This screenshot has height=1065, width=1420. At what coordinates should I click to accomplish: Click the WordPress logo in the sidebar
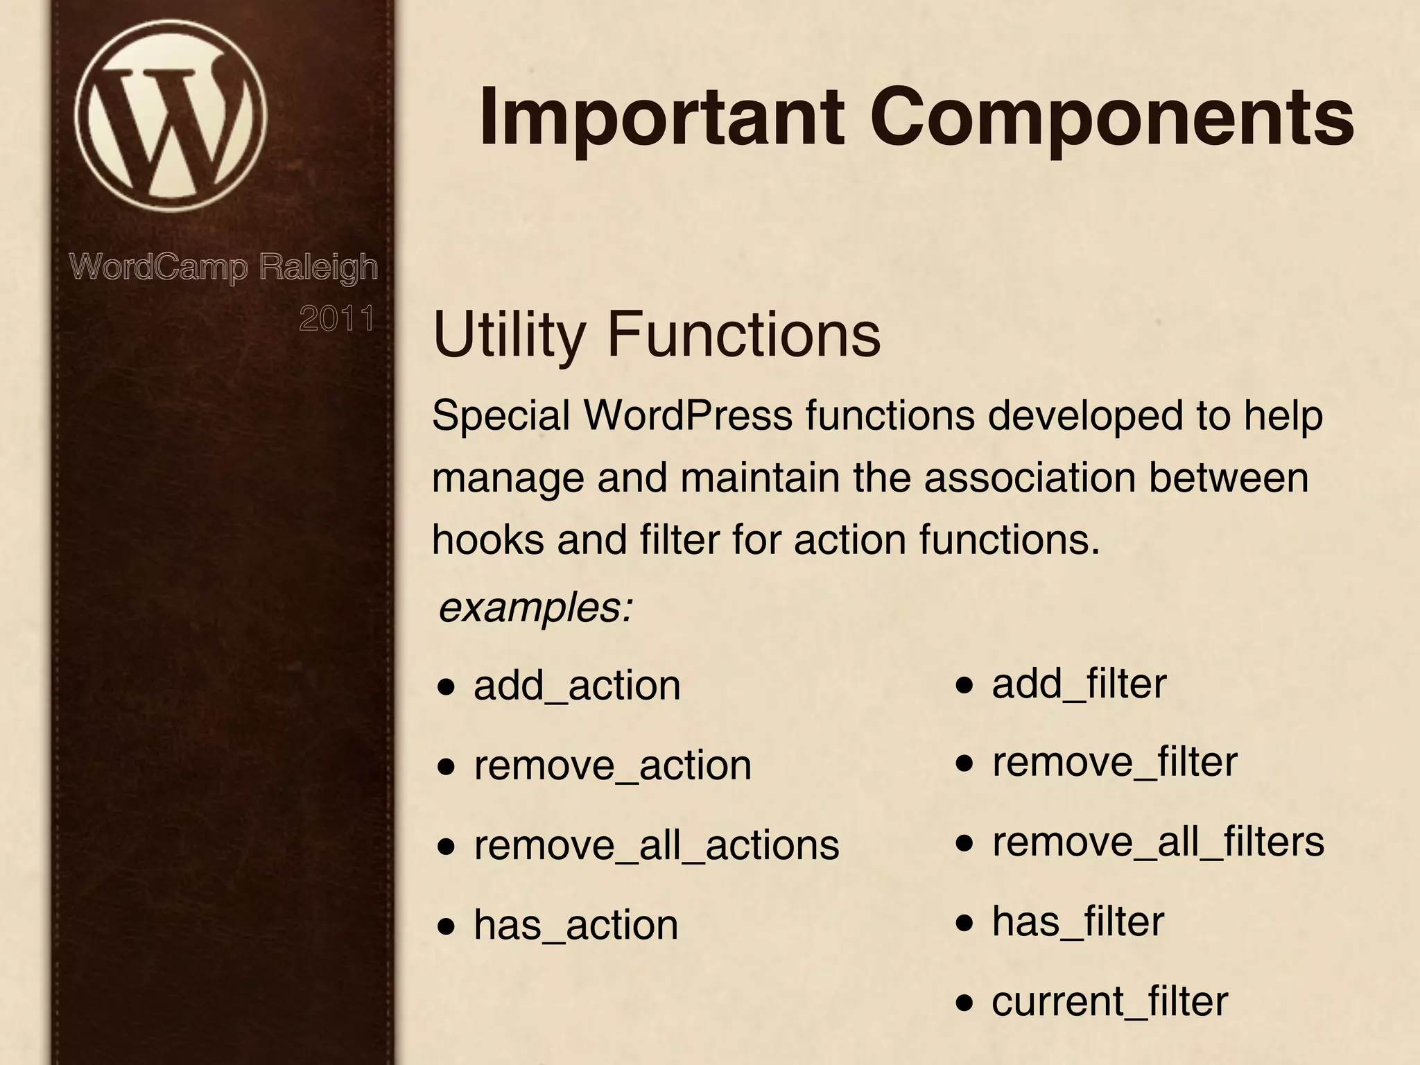pos(171,115)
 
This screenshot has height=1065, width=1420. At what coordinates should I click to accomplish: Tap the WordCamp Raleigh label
pos(223,267)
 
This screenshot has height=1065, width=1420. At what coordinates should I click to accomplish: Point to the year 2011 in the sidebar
pos(337,319)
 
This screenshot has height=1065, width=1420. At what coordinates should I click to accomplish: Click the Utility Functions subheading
pos(656,335)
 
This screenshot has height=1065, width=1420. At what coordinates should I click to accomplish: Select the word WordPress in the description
pos(688,416)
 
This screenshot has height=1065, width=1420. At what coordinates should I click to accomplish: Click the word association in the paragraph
pos(1030,478)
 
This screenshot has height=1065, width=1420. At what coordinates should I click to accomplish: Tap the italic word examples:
pos(535,608)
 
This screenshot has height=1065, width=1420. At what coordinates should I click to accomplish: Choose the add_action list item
pos(577,686)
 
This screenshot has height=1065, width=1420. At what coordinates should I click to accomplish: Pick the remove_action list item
pos(612,765)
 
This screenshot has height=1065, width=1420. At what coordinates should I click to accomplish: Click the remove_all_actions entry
pos(656,845)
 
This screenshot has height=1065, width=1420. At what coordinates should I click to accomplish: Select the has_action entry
pos(575,925)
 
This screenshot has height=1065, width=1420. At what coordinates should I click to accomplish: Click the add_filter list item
pos(1079,684)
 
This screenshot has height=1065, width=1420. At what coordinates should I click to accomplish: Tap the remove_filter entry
pos(1114,762)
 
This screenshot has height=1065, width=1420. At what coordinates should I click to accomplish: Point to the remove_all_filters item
pos(1158,842)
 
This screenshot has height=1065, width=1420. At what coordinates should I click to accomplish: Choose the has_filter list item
pos(1077,921)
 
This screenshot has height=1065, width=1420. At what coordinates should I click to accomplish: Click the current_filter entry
pos(1109,1001)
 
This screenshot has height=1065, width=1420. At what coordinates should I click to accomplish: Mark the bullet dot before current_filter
pos(964,1003)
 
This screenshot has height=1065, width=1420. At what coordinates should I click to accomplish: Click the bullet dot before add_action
pos(447,688)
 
